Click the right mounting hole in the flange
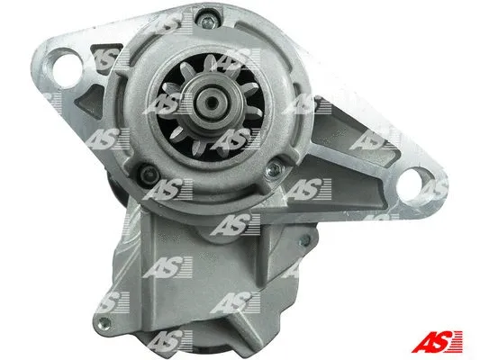413,186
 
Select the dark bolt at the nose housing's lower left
149,175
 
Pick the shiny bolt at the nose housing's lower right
274,169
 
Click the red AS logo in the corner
437,341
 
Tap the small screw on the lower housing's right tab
304,241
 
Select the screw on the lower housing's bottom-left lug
104,323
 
